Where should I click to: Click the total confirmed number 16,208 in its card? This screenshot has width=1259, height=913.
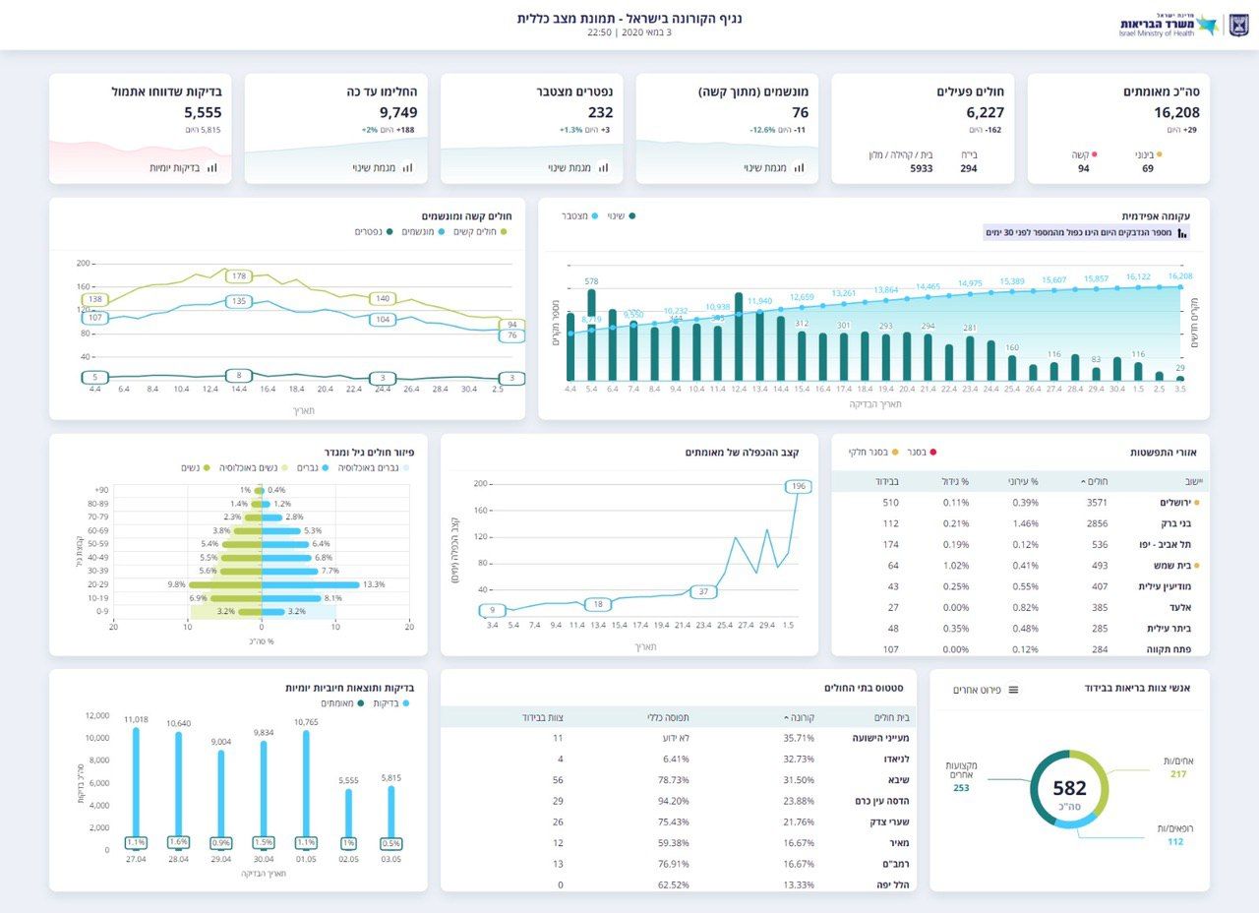pos(1176,113)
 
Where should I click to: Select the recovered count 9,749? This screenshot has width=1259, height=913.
pos(398,113)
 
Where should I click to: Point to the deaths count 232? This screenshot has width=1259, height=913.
pos(600,113)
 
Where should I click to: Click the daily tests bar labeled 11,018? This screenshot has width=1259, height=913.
pos(136,782)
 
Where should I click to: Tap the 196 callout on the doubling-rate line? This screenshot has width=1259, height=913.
pos(798,487)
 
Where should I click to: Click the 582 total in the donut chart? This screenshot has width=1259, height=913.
pos(1069,788)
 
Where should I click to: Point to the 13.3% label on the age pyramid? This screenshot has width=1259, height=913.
pos(374,584)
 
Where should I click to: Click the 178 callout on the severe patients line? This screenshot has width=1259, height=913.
pos(239,276)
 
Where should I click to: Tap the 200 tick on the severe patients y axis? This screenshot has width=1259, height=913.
pos(83,264)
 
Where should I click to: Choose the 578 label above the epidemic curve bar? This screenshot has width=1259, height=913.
pos(591,281)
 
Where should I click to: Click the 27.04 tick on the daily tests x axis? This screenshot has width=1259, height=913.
pos(136,860)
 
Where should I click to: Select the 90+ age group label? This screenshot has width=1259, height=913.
pos(101,490)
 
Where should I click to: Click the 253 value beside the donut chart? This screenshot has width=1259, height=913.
pos(961,788)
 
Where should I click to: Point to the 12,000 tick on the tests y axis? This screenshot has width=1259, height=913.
pos(96,716)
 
